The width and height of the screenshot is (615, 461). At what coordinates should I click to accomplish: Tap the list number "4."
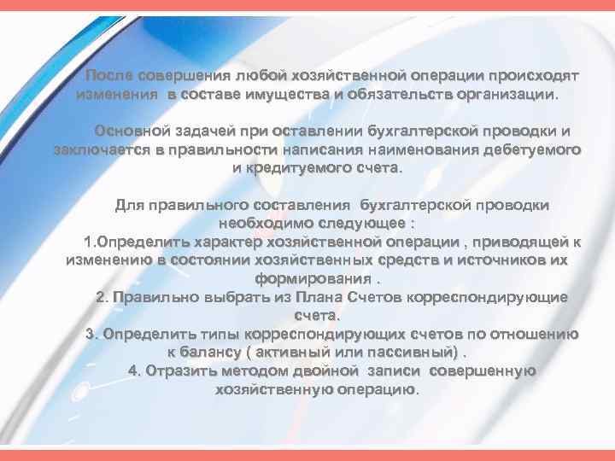pos(134,371)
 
